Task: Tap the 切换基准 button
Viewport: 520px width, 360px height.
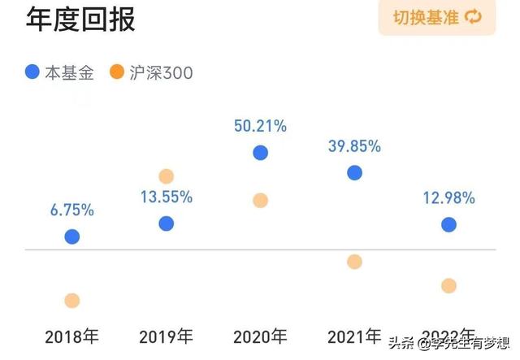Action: coord(437,18)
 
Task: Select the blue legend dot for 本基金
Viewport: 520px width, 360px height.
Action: coord(32,72)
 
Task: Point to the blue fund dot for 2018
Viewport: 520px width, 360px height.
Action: coord(72,236)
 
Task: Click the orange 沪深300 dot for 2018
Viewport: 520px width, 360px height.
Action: coord(72,301)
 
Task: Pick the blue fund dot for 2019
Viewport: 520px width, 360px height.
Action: coord(166,223)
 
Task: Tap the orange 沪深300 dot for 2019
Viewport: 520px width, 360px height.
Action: coord(166,176)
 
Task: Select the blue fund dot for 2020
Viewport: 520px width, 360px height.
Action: coord(260,153)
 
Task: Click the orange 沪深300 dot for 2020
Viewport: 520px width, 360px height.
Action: coord(260,200)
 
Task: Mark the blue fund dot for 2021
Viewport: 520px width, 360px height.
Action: coord(354,172)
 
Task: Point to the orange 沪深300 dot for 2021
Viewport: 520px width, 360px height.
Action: coord(354,262)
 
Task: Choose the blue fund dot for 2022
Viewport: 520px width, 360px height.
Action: coord(448,224)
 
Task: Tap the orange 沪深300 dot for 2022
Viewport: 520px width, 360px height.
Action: coord(448,285)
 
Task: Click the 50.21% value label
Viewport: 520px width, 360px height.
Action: coord(260,126)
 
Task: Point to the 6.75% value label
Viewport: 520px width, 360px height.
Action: coord(72,210)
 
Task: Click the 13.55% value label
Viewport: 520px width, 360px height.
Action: coord(166,197)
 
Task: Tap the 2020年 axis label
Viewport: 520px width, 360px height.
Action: coord(260,336)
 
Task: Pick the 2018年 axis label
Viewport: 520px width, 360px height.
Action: coord(72,336)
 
